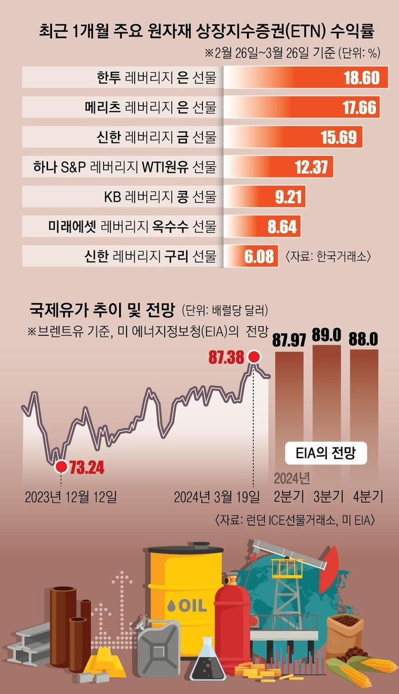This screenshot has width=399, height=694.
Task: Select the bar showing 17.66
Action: (x=301, y=108)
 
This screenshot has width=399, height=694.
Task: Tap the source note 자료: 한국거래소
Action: (x=328, y=256)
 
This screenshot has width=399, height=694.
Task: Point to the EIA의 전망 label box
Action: (x=327, y=454)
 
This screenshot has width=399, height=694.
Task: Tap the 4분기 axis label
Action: (x=365, y=496)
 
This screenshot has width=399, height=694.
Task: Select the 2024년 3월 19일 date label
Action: (x=217, y=496)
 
